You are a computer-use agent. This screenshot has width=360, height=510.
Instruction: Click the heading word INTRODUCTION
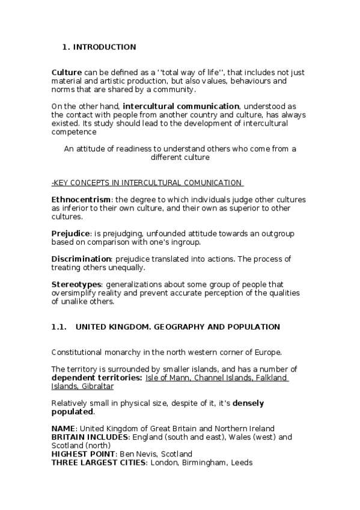(105, 47)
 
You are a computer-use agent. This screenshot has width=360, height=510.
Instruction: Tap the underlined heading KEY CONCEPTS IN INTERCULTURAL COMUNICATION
(148, 183)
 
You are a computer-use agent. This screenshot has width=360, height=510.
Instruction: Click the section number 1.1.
(58, 327)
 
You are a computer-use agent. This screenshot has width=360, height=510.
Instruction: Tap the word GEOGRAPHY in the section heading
(178, 327)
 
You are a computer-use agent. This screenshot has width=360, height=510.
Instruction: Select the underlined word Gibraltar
(97, 386)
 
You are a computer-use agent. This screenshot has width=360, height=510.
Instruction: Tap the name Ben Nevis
(136, 454)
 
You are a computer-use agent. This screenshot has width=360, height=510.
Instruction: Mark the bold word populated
(72, 412)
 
